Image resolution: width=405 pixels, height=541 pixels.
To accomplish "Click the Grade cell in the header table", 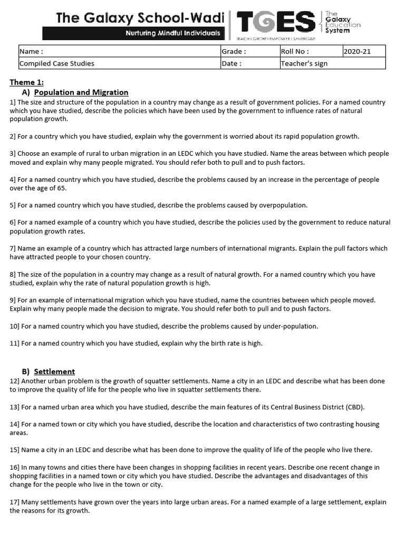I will (x=249, y=51).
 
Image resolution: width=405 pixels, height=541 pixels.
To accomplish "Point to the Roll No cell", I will (x=310, y=51).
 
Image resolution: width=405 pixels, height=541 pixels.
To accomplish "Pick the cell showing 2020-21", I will (x=363, y=51).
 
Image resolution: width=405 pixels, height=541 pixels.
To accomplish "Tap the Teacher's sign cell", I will (x=332, y=63).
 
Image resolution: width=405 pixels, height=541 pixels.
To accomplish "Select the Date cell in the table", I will (x=249, y=63).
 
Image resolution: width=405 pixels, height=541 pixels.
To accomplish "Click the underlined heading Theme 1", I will (x=27, y=82).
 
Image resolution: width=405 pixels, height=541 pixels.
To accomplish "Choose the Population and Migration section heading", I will (x=81, y=92).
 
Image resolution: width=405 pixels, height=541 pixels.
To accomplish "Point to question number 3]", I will (x=13, y=154).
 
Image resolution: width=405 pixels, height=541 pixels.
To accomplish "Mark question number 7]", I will (x=13, y=248).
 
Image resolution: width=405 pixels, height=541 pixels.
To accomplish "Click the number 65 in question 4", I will (x=62, y=188).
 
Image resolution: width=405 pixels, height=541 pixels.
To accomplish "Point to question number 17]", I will (x=15, y=502).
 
